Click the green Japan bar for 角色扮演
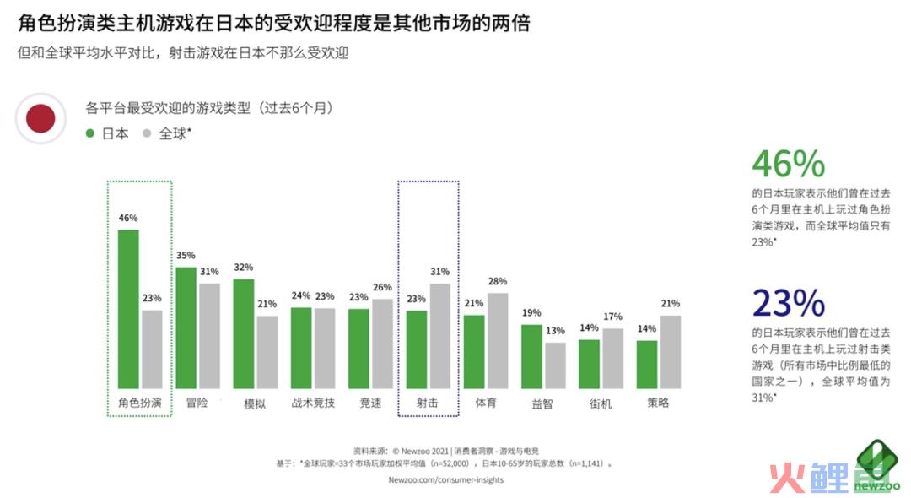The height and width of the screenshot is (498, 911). pyautogui.click(x=128, y=308)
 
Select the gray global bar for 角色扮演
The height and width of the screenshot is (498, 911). pyautogui.click(x=152, y=349)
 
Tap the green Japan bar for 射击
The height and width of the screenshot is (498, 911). pyautogui.click(x=416, y=349)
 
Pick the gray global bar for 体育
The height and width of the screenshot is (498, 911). pyautogui.click(x=498, y=340)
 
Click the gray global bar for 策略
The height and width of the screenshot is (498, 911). pyautogui.click(x=671, y=351)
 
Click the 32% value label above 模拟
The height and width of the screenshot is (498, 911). pyautogui.click(x=244, y=268)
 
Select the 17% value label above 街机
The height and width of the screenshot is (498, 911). pyautogui.click(x=613, y=317)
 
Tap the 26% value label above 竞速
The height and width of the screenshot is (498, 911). pyautogui.click(x=382, y=286)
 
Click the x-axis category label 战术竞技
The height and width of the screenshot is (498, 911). pyautogui.click(x=313, y=403)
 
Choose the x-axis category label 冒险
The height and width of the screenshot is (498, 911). pyautogui.click(x=197, y=403)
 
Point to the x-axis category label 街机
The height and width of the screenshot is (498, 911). pyautogui.click(x=601, y=403)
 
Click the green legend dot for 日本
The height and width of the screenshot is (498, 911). pyautogui.click(x=90, y=133)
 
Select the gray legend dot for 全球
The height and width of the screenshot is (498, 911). pyautogui.click(x=147, y=133)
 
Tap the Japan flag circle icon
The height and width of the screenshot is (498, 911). pyautogui.click(x=40, y=119)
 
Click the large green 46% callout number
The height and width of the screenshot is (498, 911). pyautogui.click(x=788, y=163)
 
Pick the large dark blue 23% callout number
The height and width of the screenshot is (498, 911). pyautogui.click(x=788, y=302)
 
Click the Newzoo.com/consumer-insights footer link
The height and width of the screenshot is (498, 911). pyautogui.click(x=446, y=480)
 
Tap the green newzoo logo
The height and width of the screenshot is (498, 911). pyautogui.click(x=877, y=467)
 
